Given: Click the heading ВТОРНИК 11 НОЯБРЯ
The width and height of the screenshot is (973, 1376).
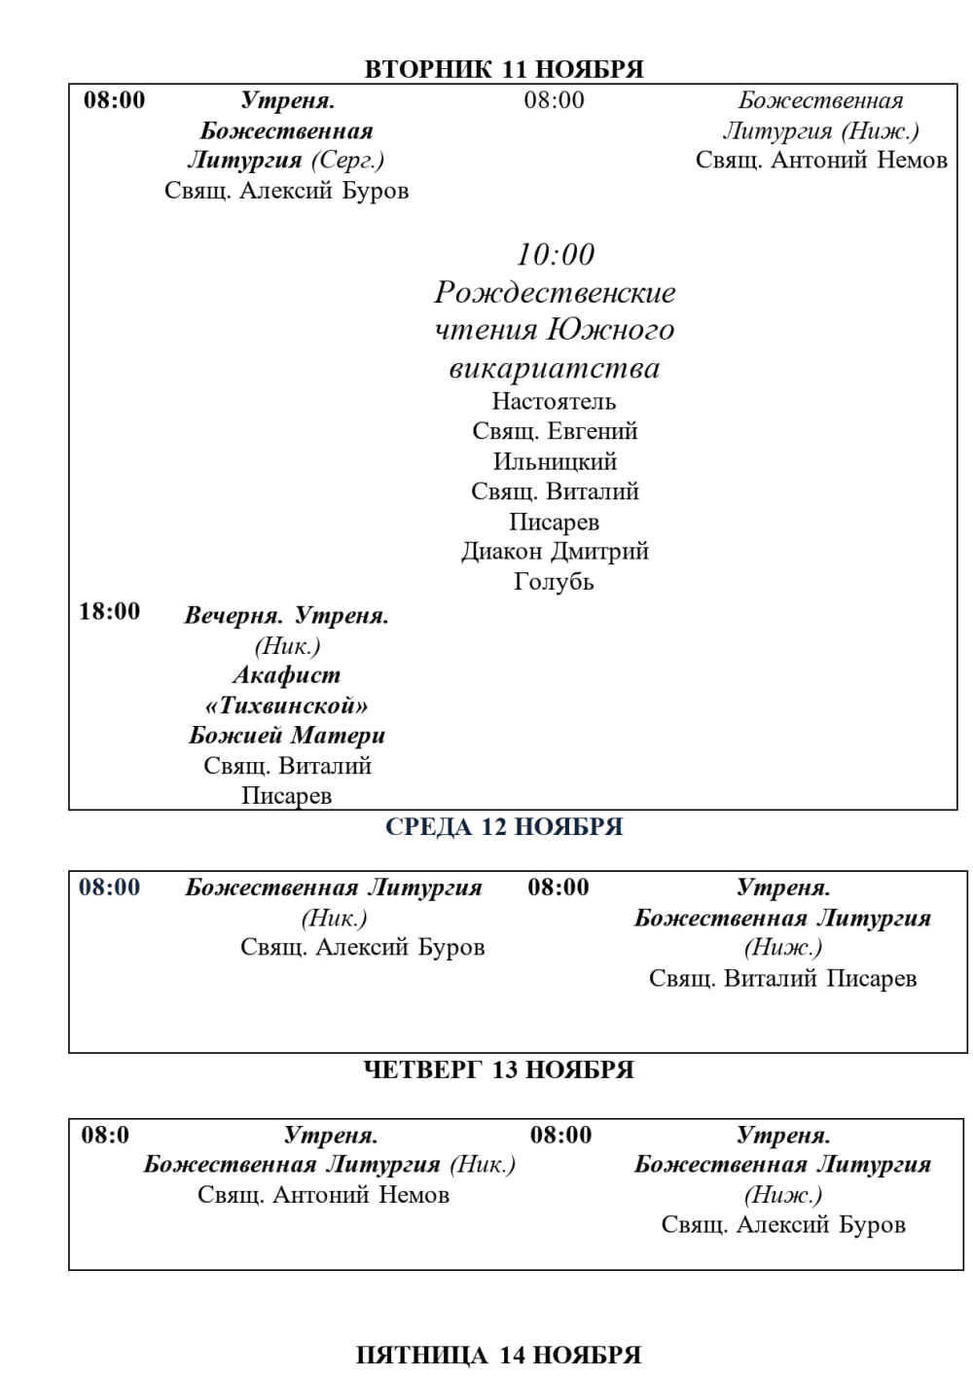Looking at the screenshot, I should pos(503,69).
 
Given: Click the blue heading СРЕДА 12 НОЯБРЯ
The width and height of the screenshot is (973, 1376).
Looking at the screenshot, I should pos(504,827).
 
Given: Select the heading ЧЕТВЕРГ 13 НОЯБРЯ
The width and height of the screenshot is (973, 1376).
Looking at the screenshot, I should pos(498,1069).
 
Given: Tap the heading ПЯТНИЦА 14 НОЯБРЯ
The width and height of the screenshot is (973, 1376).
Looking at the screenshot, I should pos(498,1355).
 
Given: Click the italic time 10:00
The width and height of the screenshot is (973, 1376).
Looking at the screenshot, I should pos(555,255).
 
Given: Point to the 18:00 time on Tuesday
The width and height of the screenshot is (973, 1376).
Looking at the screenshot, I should pos(110,611).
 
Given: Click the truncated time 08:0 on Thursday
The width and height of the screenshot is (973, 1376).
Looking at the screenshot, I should pos(105,1135).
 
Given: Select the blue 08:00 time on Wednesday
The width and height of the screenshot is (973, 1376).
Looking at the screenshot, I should pos(110,887).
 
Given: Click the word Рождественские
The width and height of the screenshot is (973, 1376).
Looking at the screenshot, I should pos(555,293).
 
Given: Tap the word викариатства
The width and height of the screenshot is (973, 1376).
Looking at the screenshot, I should pos(555,369).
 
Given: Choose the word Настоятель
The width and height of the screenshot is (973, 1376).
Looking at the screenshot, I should pos(554,401).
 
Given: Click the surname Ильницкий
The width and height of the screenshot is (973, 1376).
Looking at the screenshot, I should pos(555,461).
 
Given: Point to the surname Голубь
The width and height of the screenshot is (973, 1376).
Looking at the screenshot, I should pos(554,582).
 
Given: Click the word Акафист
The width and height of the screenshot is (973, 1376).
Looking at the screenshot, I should pos(287,675).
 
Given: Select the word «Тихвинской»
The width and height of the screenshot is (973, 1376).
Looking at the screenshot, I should pos(287,706).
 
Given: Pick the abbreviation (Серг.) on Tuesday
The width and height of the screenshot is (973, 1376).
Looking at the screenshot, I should pos(347,161).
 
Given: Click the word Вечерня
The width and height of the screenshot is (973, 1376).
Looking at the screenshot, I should pos(234,616).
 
